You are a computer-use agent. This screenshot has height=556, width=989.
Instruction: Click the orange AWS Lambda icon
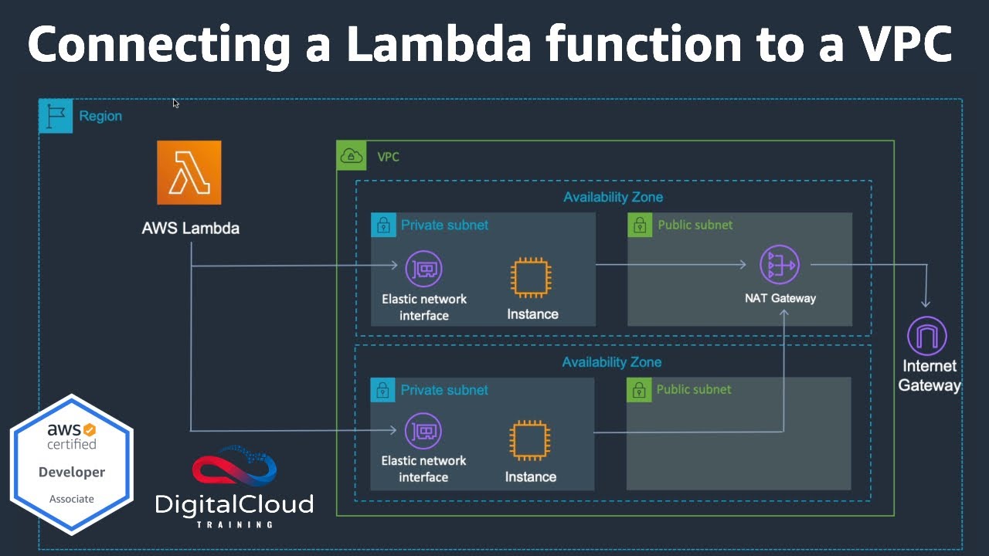coord(189,172)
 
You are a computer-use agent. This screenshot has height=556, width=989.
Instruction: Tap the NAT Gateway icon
coord(779,265)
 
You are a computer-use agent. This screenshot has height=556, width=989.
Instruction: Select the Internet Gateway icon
coord(926,336)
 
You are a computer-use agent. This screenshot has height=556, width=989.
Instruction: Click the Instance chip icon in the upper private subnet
coord(531,277)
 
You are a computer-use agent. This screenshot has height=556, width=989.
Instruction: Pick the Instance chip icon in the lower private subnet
coord(530,441)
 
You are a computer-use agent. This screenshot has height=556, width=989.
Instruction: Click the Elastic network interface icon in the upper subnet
coord(423,269)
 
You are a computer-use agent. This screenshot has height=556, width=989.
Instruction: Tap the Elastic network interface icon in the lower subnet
coord(423,431)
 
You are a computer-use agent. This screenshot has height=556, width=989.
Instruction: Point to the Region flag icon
coord(56,116)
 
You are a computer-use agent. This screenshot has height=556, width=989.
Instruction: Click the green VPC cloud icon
coord(352,157)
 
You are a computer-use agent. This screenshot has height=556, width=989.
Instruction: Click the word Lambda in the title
coord(438,46)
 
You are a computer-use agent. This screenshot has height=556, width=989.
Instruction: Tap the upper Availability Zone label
coord(613,197)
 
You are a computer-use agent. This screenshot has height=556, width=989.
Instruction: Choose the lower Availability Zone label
coord(611,362)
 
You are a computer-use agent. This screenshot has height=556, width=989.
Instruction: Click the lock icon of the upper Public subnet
coord(640,225)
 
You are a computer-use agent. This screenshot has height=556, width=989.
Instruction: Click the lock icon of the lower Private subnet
coord(382,390)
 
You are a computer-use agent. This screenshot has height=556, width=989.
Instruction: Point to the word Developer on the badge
coord(72,472)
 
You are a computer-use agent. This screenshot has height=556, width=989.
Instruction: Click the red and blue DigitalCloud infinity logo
coord(234,469)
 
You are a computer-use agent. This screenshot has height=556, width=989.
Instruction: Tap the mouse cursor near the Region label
coord(175,103)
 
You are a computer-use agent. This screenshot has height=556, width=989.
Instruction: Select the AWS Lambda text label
coord(190,228)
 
